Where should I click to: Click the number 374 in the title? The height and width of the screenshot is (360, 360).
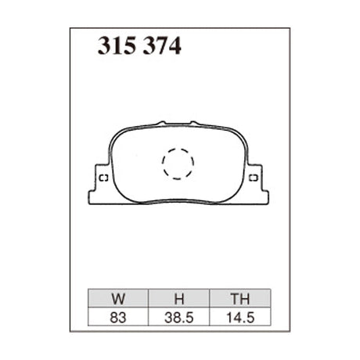click(x=161, y=48)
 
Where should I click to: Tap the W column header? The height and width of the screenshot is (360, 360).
click(x=117, y=298)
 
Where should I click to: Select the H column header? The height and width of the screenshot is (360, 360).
click(x=178, y=298)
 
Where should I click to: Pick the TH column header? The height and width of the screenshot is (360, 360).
click(x=240, y=298)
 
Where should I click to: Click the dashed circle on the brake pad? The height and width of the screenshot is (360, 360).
click(x=178, y=163)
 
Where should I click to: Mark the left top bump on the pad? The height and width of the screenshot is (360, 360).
click(x=161, y=122)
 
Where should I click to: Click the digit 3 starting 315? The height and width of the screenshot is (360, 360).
click(x=103, y=48)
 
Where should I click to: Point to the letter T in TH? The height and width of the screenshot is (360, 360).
click(x=236, y=298)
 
